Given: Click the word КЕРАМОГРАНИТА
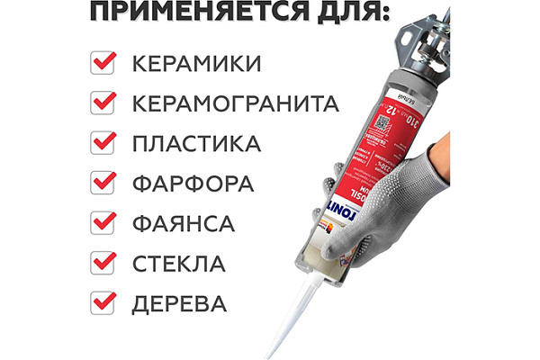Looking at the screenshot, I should point(236,103).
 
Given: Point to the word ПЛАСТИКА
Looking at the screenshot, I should point(196,144).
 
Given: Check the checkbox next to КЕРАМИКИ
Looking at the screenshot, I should point(104,63).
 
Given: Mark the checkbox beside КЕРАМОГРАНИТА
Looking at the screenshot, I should point(104,103).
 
